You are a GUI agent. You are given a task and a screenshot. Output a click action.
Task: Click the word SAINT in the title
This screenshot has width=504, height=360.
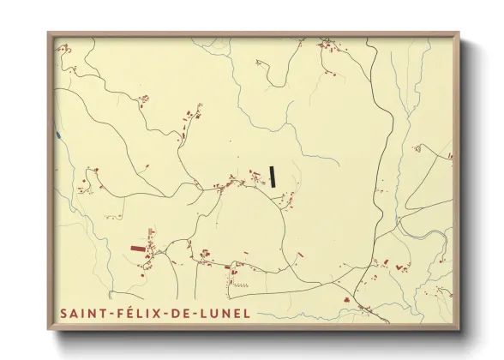[81, 314]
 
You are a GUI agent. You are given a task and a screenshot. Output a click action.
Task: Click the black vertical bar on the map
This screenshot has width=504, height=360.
[273, 176]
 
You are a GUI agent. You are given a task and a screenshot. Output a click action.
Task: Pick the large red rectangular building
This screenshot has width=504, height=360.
[138, 249]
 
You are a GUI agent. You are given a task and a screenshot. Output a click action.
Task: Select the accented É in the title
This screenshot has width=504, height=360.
[132, 313]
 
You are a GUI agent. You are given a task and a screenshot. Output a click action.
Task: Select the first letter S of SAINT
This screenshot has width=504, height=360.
[64, 314]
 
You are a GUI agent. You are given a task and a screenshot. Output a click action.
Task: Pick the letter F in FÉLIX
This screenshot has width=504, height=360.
[121, 314]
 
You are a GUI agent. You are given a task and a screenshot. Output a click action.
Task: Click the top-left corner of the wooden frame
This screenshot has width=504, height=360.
[48, 33]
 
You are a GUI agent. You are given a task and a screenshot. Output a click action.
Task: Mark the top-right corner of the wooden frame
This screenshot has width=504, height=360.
[459, 33]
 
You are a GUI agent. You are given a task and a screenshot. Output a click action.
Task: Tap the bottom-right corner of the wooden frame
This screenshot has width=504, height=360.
[459, 330]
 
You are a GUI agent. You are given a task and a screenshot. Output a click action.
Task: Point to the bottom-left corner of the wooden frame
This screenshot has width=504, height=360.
[48, 330]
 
